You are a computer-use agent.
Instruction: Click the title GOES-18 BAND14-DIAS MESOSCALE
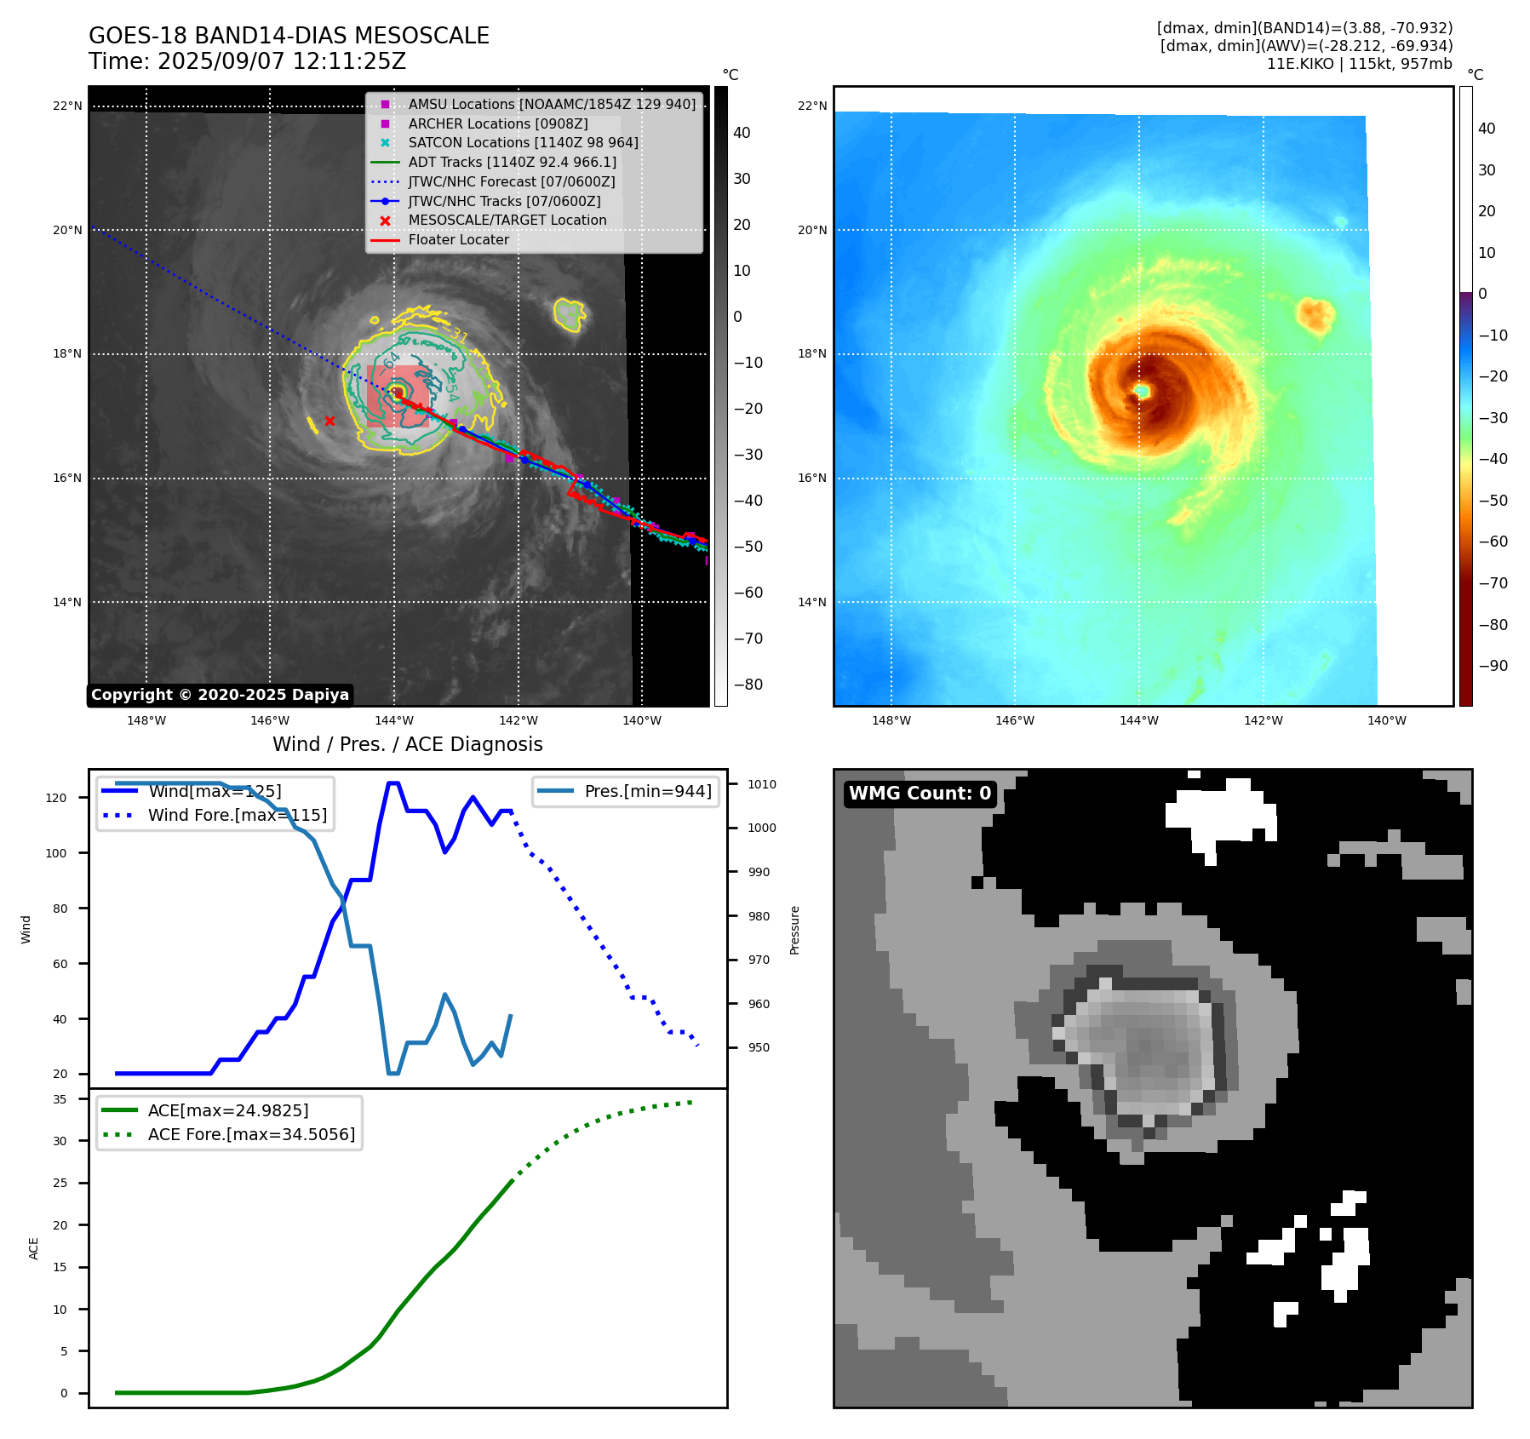pos(289,36)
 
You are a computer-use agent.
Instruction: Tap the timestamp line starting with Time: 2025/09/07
pos(247,61)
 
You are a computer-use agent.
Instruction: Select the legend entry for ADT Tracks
pos(512,162)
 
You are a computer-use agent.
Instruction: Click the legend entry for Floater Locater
pos(458,239)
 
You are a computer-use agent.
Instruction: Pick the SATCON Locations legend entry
pos(523,142)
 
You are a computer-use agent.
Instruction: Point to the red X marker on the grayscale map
pos(329,421)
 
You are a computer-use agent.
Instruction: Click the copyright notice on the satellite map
pos(220,695)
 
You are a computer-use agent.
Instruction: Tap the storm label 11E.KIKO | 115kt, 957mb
pos(1359,64)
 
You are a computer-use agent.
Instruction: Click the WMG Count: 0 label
pos(920,794)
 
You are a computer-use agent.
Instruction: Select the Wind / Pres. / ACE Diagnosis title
pos(407,744)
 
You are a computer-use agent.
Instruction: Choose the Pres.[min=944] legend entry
pos(647,791)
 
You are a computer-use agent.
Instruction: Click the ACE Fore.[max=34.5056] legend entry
pos(251,1134)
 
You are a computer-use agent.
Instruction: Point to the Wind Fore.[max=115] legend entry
pos(237,815)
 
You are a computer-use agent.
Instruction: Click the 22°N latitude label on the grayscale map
pos(67,106)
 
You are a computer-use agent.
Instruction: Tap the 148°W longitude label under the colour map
pos(891,720)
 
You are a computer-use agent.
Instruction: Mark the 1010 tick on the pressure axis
pos(762,784)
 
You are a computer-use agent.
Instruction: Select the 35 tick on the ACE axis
pos(60,1099)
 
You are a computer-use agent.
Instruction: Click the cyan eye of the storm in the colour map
pos(1142,391)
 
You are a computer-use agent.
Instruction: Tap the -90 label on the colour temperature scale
pos(1493,666)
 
